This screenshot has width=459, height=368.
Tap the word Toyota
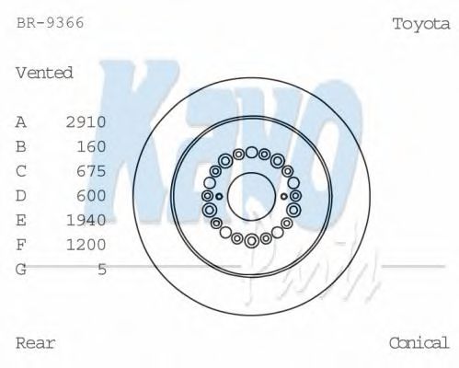[421, 24]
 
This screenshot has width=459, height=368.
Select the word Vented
[44, 73]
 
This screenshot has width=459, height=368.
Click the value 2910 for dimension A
[86, 121]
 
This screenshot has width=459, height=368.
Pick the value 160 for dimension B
[92, 146]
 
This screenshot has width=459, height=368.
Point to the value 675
[92, 171]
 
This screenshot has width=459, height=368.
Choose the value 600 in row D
[92, 195]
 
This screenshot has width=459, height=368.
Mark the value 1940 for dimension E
[86, 220]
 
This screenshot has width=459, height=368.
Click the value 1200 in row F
[86, 245]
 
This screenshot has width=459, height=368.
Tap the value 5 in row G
[102, 269]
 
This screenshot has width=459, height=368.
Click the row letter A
[22, 121]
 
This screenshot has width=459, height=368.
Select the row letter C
[22, 171]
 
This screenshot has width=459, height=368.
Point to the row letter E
[22, 220]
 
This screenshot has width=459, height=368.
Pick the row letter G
[22, 269]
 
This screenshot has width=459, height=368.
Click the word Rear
[36, 343]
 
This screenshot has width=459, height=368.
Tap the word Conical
[419, 343]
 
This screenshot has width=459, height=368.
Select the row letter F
[22, 245]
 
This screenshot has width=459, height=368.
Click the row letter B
[22, 146]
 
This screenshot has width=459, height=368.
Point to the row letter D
[22, 195]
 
